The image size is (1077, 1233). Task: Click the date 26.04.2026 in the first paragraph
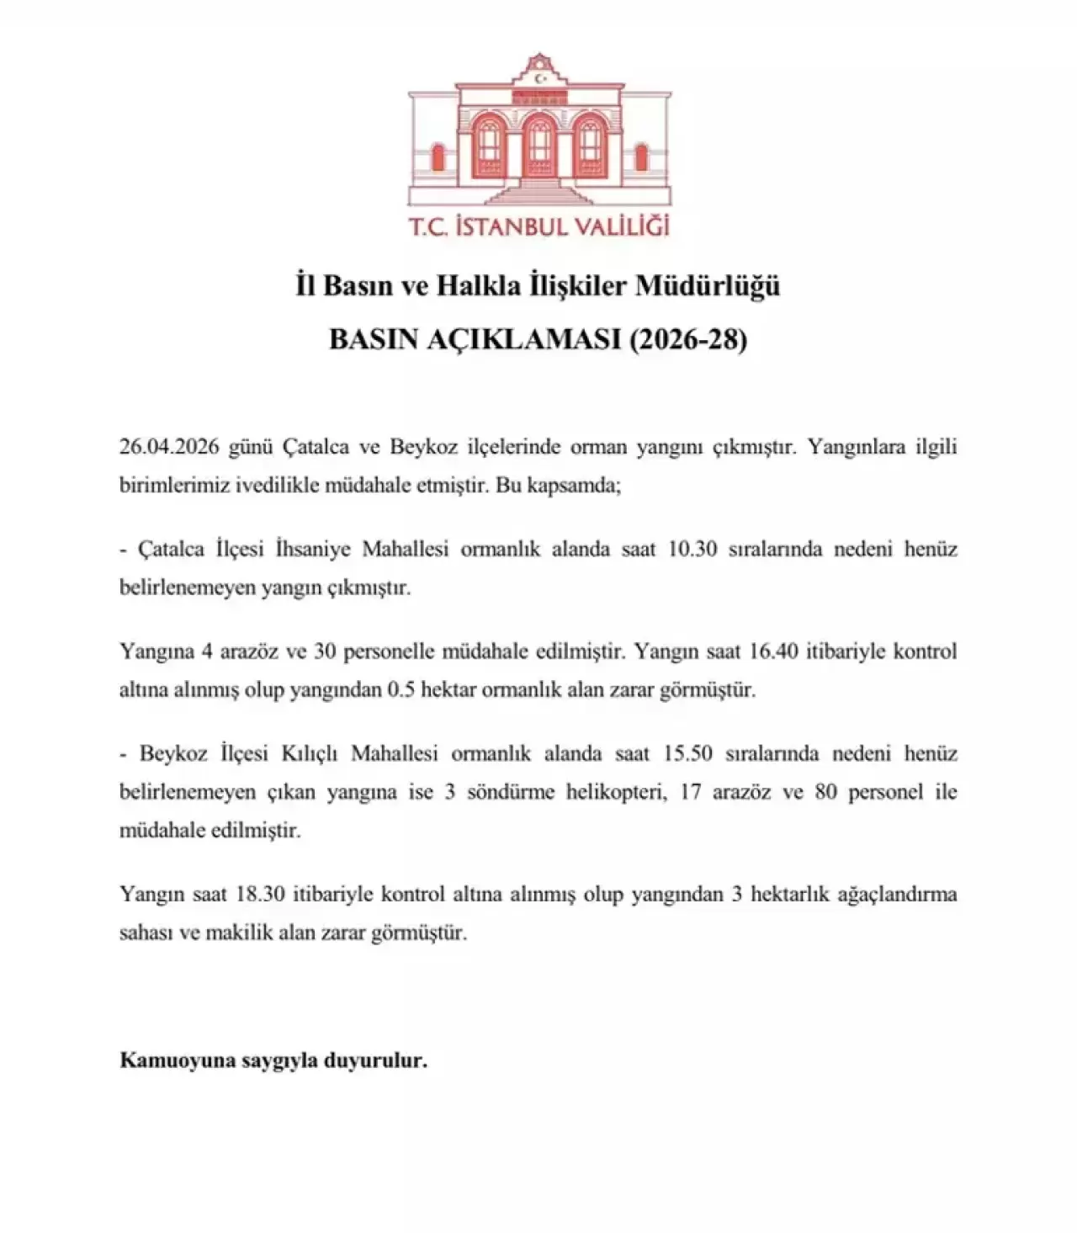(169, 447)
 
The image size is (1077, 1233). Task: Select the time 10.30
(692, 550)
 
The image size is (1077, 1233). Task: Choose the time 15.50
(688, 753)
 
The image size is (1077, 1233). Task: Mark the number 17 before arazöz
(691, 792)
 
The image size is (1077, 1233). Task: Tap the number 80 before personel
(825, 792)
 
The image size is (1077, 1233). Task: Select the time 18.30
(260, 894)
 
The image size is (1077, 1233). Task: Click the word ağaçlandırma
(897, 895)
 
